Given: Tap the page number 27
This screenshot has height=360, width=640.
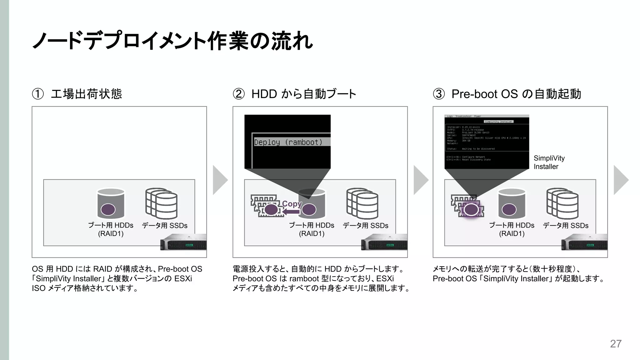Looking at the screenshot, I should click(x=616, y=344).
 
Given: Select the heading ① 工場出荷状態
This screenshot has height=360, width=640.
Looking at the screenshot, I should click(x=77, y=94).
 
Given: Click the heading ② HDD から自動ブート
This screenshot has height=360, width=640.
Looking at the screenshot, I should click(x=294, y=94).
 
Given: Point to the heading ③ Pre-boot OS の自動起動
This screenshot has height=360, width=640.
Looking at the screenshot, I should click(x=507, y=94).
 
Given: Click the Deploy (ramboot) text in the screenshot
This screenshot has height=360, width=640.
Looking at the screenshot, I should click(x=288, y=142).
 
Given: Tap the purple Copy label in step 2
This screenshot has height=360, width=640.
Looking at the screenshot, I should click(x=292, y=204).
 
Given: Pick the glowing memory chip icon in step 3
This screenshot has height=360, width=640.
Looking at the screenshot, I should click(x=468, y=207).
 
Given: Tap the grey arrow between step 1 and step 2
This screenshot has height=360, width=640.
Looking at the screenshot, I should click(x=220, y=180).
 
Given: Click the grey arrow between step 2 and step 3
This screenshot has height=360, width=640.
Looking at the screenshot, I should click(x=421, y=180).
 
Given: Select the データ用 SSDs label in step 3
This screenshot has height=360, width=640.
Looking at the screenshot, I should click(x=566, y=226).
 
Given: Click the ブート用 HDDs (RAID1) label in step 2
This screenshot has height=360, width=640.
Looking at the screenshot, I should click(x=312, y=229).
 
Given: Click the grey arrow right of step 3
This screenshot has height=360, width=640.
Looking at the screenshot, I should click(x=621, y=180).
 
